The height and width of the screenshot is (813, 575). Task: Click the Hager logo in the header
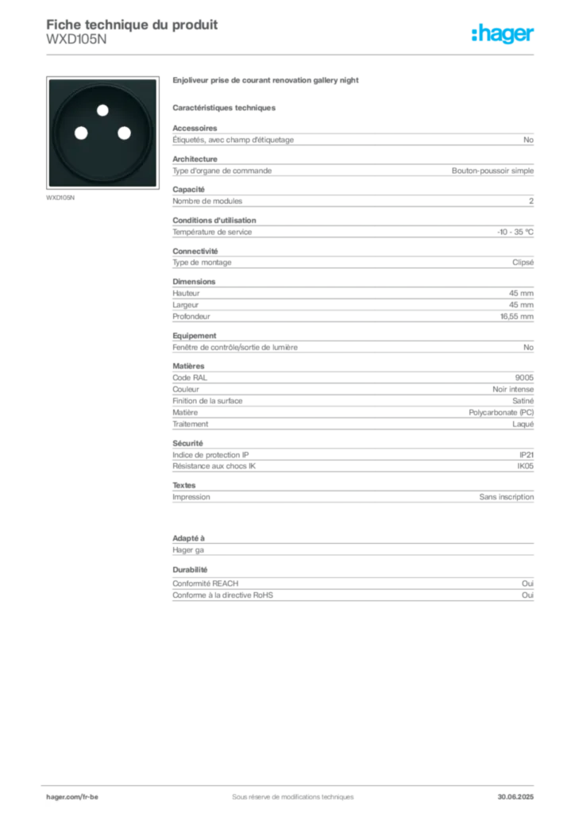point(502,33)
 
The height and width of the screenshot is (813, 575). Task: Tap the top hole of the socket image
point(102,110)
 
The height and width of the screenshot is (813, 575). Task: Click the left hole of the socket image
point(81,133)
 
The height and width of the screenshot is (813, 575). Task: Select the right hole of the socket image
point(124,133)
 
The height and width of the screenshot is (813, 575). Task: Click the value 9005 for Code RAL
point(524,377)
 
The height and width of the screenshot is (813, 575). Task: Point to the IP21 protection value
point(527,455)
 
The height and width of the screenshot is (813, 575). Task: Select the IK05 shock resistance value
point(525,466)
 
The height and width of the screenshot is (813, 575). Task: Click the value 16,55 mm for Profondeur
point(516,316)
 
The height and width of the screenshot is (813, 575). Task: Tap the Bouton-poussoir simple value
point(492,171)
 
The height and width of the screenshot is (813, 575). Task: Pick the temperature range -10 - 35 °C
point(515,232)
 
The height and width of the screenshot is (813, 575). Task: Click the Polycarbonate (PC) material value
point(501,412)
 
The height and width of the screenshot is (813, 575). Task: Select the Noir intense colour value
point(513,389)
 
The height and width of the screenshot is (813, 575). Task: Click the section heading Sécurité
point(187,443)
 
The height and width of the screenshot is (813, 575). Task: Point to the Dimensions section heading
point(194,282)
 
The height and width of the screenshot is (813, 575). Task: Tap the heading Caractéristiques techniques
point(224,108)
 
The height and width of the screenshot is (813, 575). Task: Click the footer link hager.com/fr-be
point(72,797)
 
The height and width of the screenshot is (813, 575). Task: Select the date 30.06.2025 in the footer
point(515,797)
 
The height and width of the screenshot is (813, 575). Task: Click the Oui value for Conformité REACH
point(527,584)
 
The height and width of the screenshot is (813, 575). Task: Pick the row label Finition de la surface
point(207,401)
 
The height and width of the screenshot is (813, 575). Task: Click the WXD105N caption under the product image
point(60,198)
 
